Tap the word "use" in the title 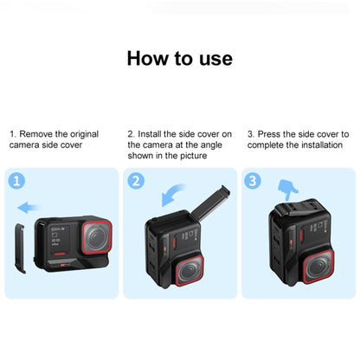tap(214, 59)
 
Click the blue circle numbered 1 tap(16, 181)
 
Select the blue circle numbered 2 tap(135, 181)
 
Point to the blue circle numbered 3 tap(254, 181)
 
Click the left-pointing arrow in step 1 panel tap(32, 207)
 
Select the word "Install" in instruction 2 tap(151, 134)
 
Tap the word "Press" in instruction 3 tap(270, 134)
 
